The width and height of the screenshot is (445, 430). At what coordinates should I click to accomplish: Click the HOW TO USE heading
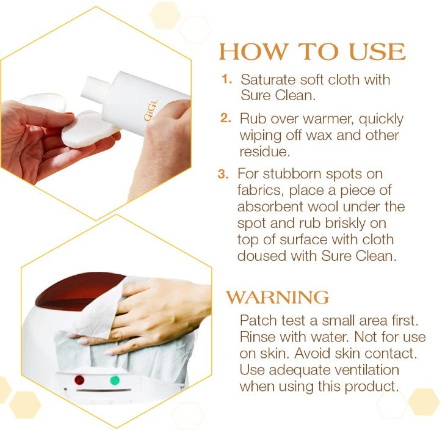click(x=313, y=52)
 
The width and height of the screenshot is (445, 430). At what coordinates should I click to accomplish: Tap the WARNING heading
click(x=278, y=297)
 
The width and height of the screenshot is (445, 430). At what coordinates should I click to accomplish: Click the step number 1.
click(x=226, y=79)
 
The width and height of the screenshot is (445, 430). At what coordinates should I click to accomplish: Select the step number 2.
click(x=226, y=118)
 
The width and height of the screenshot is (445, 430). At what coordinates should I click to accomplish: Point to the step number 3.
click(x=223, y=174)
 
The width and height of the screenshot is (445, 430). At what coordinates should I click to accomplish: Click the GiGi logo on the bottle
click(x=151, y=111)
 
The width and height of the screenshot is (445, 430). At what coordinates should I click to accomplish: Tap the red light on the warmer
click(x=79, y=380)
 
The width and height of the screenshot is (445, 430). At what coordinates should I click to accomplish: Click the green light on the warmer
click(x=115, y=381)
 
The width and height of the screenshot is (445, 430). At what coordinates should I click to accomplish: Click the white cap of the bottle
click(x=95, y=88)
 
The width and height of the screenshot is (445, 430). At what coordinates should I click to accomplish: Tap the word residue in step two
click(x=265, y=151)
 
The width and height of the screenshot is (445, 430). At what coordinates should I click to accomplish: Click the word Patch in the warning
click(x=258, y=321)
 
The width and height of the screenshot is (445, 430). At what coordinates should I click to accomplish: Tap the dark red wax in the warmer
click(x=77, y=290)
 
